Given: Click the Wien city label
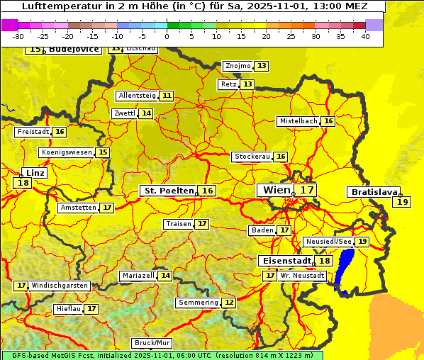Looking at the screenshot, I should pyautogui.click(x=277, y=190).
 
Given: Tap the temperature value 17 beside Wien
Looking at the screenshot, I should pyautogui.click(x=306, y=190).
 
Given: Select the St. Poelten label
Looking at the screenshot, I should pyautogui.click(x=169, y=191).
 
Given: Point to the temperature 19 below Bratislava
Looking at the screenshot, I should pyautogui.click(x=403, y=202).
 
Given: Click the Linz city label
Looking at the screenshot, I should pyautogui.click(x=35, y=173).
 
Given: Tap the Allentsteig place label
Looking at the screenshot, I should pyautogui.click(x=137, y=96).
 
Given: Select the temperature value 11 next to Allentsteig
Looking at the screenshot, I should pyautogui.click(x=167, y=96).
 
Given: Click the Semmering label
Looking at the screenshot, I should pyautogui.click(x=199, y=303).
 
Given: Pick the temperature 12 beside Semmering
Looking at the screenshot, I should pyautogui.click(x=228, y=303).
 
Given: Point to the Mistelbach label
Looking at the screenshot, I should pyautogui.click(x=298, y=121).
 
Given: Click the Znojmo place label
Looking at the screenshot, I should pyautogui.click(x=238, y=66).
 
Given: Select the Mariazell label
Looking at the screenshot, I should pyautogui.click(x=138, y=276).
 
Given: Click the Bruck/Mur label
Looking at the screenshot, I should pyautogui.click(x=152, y=343).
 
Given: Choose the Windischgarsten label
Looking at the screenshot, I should pyautogui.click(x=60, y=286).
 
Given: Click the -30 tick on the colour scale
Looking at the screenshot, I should pyautogui.click(x=18, y=36).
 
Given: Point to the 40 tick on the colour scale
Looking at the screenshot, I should pyautogui.click(x=365, y=36).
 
